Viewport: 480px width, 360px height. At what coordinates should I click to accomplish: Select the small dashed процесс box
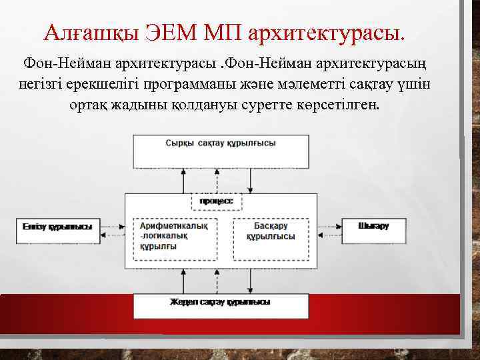coord(217,201)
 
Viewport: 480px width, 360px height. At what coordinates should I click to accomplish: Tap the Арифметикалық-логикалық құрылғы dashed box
coord(175,237)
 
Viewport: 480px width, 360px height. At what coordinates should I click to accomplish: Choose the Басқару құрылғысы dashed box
coord(271,237)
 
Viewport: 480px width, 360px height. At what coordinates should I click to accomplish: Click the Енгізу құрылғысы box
coord(57,227)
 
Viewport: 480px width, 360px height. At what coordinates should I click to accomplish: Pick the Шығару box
coord(373,227)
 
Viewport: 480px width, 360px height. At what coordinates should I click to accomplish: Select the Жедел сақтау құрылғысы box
coord(221,305)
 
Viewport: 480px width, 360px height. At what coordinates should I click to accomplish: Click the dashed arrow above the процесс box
coord(215,180)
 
